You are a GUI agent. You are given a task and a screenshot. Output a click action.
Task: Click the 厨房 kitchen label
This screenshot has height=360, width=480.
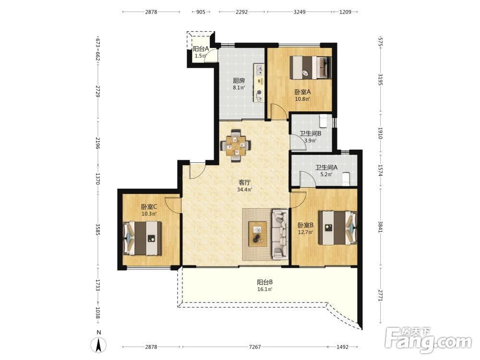click(239, 81)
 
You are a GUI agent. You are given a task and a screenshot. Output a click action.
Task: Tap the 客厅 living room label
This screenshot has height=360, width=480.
click(245, 182)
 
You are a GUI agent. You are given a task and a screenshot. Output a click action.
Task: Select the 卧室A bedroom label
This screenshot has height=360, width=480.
click(302, 92)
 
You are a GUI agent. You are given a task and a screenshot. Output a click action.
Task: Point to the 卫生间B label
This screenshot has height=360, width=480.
click(310, 133)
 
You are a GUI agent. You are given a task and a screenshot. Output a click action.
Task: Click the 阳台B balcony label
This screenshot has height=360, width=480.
click(265, 282)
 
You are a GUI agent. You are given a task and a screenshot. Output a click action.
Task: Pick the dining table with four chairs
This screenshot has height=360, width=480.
click(235, 145)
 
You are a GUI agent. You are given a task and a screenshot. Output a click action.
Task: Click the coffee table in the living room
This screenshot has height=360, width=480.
click(257, 234)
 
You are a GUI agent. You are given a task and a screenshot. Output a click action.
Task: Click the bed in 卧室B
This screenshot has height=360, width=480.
click(337, 228)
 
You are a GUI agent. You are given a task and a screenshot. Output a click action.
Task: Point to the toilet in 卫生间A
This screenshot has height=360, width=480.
click(346, 179)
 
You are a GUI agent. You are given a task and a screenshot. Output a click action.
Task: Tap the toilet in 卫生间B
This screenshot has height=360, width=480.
click(323, 121)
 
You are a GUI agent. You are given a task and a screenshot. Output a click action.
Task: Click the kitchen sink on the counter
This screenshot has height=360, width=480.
click(259, 70)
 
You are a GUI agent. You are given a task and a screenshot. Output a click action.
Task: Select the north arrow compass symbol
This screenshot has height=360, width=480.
click(98, 345)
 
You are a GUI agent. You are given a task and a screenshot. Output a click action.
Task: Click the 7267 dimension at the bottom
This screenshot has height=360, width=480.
click(255, 347)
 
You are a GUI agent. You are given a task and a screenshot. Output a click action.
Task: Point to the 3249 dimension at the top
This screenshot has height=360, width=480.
click(300, 12)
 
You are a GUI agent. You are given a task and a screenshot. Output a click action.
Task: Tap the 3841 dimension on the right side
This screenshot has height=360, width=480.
click(380, 227)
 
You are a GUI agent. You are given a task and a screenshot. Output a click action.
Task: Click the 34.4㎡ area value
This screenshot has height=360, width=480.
click(245, 190)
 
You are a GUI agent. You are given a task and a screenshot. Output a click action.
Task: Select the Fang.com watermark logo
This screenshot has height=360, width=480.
click(428, 339)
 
